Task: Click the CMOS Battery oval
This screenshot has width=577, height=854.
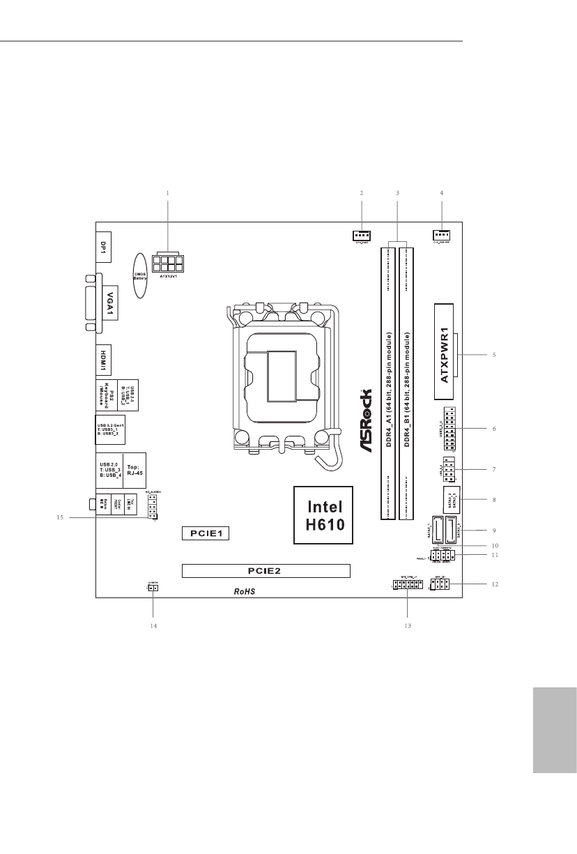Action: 139,275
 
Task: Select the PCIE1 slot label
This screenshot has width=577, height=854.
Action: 206,533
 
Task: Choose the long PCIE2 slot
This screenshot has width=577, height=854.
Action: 266,570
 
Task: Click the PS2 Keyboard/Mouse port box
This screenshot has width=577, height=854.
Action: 110,395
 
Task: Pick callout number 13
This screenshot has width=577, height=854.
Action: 408,626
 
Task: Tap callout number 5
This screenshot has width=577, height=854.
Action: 493,355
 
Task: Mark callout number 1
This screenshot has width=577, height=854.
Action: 168,192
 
